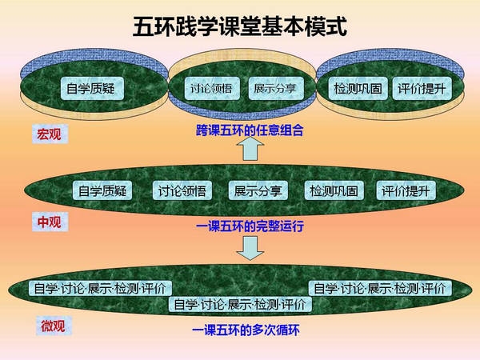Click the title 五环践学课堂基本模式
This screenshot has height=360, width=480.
coord(240,26)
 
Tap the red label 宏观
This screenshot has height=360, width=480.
coord(50,134)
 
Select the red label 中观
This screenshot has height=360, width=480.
coord(50,222)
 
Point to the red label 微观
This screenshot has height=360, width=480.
coord(54,326)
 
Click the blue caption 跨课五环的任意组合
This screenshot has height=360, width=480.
coord(250,130)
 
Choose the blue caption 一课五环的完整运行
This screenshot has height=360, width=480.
coord(250,226)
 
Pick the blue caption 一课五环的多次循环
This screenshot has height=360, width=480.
coord(246,330)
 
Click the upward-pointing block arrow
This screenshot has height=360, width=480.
coord(250,149)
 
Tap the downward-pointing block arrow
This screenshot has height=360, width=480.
coord(250,248)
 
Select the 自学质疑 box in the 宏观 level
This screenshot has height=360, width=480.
coord(92,89)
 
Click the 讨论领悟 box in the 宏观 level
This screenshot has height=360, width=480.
coord(212,89)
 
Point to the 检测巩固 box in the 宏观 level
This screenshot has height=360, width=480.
coord(358,89)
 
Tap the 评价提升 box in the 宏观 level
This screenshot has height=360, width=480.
coord(422,89)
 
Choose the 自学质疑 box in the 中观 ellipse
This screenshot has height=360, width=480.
coord(102,190)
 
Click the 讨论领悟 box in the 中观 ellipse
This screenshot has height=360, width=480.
coord(182,190)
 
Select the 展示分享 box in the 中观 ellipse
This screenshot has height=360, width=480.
coord(258,190)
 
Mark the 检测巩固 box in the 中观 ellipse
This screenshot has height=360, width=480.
coord(334,190)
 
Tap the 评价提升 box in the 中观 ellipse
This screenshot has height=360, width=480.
coord(406,190)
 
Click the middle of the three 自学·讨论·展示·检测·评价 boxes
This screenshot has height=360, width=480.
coord(240,304)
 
